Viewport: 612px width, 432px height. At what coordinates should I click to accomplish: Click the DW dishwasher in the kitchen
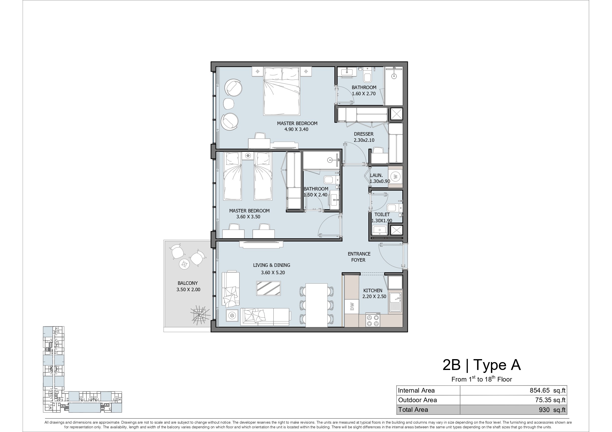tap(352, 307)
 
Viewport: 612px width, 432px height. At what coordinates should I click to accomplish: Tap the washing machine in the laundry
tap(395, 176)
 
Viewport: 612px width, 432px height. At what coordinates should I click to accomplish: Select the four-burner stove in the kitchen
tap(373, 320)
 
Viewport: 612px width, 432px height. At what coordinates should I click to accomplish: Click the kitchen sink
tap(395, 302)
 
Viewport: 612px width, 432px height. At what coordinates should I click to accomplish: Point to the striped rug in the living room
tap(269, 288)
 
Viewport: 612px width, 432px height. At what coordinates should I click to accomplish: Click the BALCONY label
tap(188, 283)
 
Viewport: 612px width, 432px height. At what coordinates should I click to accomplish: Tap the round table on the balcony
tap(184, 264)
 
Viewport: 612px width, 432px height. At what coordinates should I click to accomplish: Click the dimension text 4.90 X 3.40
tap(296, 129)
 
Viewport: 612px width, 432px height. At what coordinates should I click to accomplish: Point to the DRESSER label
tap(363, 134)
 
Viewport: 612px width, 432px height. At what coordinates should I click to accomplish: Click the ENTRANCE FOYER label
tap(359, 257)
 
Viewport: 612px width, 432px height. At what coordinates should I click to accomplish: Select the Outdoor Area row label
tap(417, 400)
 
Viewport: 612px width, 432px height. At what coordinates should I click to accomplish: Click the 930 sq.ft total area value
tap(552, 410)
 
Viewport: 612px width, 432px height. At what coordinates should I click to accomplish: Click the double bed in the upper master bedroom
tap(282, 91)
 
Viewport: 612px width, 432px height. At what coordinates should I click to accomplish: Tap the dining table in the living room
tap(316, 305)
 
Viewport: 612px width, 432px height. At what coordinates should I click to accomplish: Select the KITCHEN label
tap(373, 290)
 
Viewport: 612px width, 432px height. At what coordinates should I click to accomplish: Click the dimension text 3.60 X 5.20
tap(273, 272)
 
